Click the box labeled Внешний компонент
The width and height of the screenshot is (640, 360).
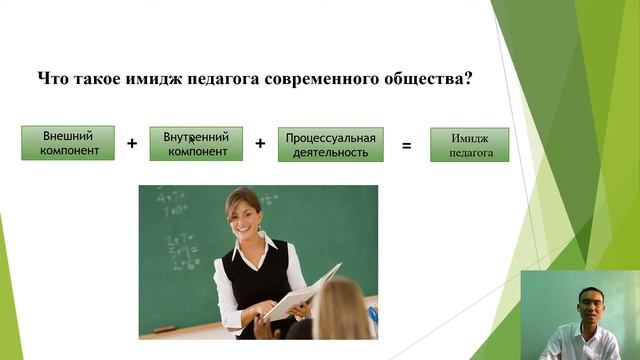(x=68, y=143)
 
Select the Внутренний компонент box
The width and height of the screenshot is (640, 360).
(x=196, y=144)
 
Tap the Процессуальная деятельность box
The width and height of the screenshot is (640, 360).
(x=330, y=145)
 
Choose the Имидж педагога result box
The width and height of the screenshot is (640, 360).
(x=469, y=145)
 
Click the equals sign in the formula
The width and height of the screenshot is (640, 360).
(x=406, y=146)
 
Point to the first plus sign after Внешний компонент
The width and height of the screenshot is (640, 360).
(x=132, y=144)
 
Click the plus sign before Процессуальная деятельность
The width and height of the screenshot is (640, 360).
(x=260, y=144)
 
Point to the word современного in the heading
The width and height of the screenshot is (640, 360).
(x=319, y=78)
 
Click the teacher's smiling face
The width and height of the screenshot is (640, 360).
(x=243, y=212)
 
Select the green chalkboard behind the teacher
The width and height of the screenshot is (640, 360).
(x=175, y=240)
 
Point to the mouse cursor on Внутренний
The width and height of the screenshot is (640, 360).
(x=191, y=140)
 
